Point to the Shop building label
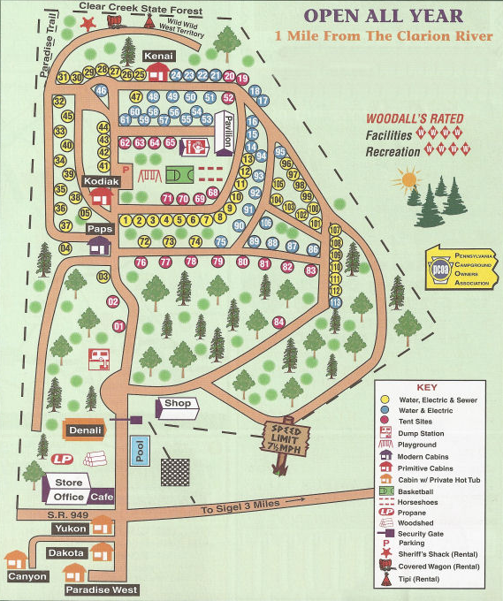click(x=177, y=404)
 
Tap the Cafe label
click(x=101, y=497)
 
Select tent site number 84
click(x=278, y=322)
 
